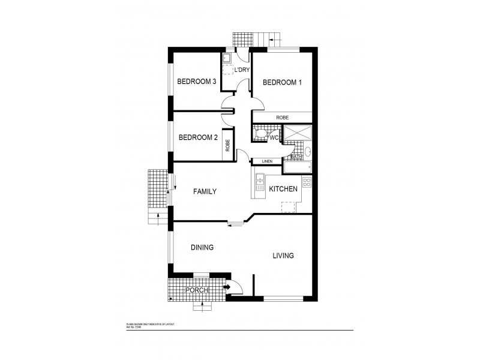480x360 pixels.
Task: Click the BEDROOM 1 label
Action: [282, 82]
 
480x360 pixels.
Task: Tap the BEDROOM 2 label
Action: [198, 137]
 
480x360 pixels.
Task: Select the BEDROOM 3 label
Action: [196, 82]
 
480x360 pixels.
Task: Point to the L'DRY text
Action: [241, 70]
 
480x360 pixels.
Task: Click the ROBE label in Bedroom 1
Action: [283, 117]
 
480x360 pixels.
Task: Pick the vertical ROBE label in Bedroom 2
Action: [227, 145]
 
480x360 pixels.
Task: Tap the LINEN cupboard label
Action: [268, 161]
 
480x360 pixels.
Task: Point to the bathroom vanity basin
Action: [307, 152]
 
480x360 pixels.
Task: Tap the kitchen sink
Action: [260, 182]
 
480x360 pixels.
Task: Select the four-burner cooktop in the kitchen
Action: [307, 182]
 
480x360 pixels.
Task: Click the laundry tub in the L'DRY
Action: [227, 59]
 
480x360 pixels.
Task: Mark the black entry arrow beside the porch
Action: [227, 287]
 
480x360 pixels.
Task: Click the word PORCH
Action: [196, 291]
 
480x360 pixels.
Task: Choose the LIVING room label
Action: [283, 256]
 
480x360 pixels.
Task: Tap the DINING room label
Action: [202, 247]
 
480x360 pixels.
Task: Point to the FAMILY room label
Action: [204, 191]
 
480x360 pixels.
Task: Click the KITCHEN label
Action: [283, 189]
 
